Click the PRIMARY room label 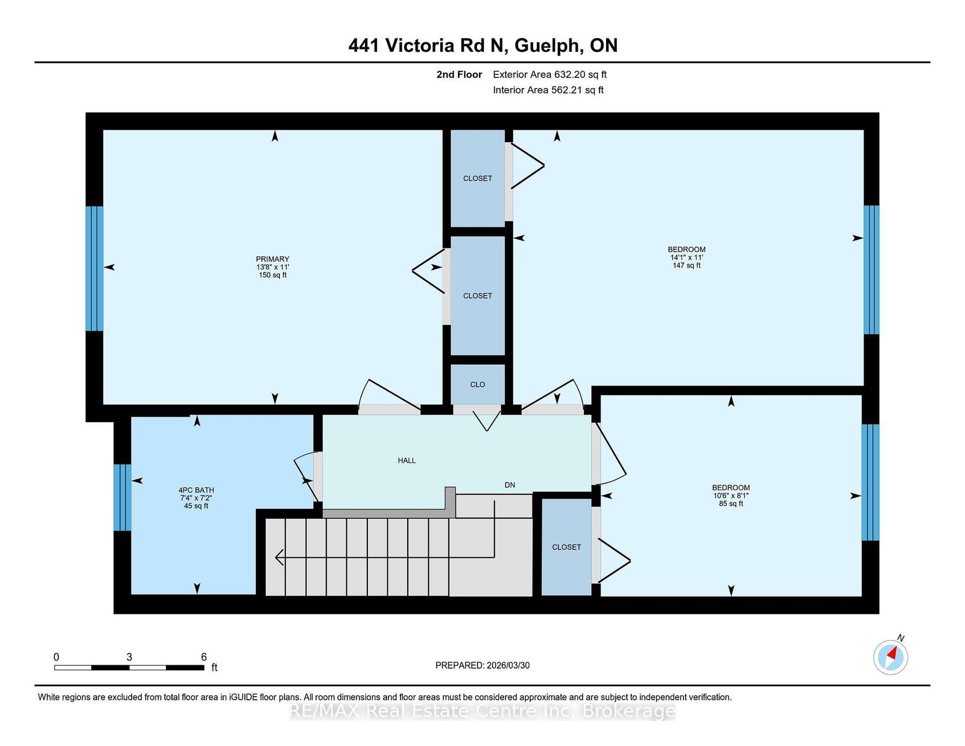(273, 259)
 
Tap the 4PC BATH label (196, 490)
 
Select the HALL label (407, 460)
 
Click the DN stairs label (510, 485)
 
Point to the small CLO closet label (477, 384)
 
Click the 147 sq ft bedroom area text (686, 265)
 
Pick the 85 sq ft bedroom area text (730, 504)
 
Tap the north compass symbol (891, 657)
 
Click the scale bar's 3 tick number (129, 657)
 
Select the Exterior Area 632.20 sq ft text (549, 75)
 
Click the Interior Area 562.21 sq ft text (548, 90)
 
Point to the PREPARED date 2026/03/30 (482, 665)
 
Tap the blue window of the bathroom (122, 497)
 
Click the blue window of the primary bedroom (94, 269)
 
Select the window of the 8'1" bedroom (870, 482)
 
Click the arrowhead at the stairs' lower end (279, 557)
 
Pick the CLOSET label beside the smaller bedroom (566, 547)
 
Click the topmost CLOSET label (477, 179)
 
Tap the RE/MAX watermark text (482, 711)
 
